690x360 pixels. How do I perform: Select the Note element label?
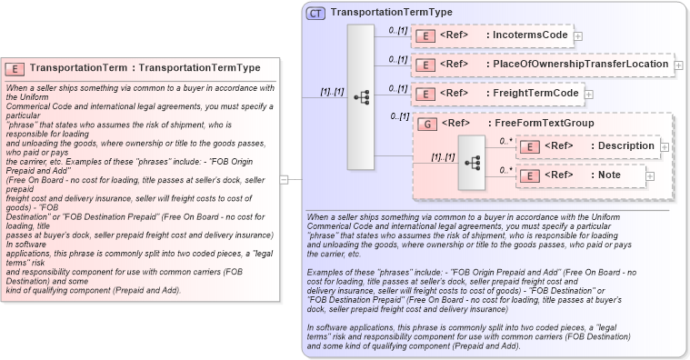(605, 175)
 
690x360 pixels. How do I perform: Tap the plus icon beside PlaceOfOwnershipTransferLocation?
(678, 65)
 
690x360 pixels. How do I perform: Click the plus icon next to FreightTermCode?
(588, 94)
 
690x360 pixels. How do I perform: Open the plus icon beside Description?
(664, 146)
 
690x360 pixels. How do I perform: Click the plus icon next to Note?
(649, 175)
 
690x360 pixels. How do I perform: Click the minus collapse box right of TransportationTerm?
(285, 179)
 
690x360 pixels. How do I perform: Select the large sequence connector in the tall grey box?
(361, 96)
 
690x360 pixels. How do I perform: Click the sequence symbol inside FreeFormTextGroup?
(472, 162)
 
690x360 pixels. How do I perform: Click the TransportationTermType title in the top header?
(392, 13)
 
